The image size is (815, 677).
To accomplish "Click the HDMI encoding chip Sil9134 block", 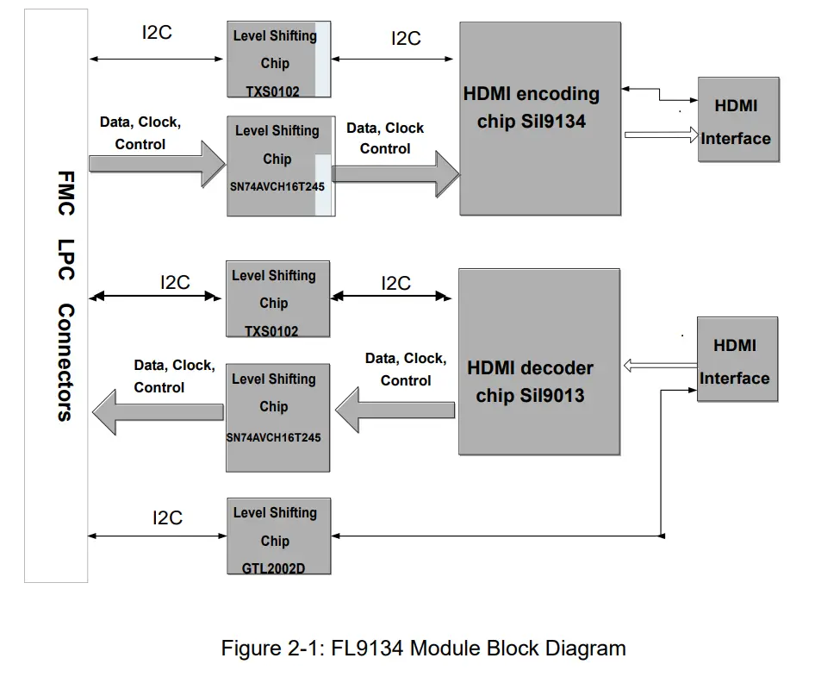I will click(539, 118).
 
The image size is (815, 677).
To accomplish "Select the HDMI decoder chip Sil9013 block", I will click(539, 361).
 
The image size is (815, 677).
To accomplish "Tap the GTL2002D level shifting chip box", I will click(278, 536).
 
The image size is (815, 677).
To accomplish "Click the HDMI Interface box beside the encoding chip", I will click(737, 119).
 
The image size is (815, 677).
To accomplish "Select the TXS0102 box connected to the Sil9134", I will click(278, 60).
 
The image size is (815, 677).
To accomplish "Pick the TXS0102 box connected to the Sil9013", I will click(278, 299).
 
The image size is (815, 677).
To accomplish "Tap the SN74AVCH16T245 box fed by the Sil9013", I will click(277, 417).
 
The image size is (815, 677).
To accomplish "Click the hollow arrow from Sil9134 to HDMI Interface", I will click(660, 135).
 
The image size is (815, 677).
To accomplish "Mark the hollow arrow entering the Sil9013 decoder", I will click(659, 367).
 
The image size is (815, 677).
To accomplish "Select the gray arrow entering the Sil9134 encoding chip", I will click(395, 173).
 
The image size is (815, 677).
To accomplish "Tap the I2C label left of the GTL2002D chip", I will click(167, 517).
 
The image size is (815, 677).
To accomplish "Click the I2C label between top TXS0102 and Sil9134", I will click(406, 39).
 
